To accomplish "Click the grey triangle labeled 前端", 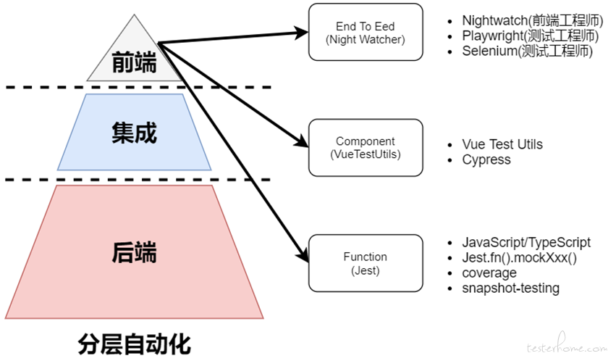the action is coord(134,58).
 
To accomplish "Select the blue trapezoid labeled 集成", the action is coord(134,132).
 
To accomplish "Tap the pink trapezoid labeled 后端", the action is coord(134,252).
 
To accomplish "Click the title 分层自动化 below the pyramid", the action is coord(134,344).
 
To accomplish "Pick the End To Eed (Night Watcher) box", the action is coord(366,32).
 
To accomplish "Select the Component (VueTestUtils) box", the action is coord(366,147).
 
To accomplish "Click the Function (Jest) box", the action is coord(366,263).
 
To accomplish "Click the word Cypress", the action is coord(486,160).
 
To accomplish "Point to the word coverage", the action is coord(489,273).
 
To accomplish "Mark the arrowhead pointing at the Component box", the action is coord(301,141).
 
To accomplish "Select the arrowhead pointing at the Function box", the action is coord(303,255).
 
